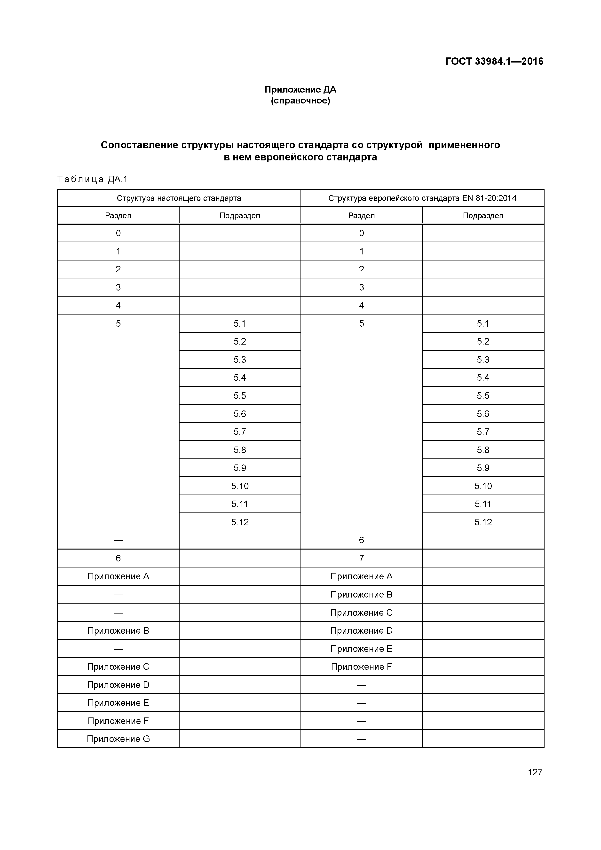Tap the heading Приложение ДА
pyautogui.click(x=300, y=90)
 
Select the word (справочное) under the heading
pyautogui.click(x=300, y=101)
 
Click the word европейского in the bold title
pyautogui.click(x=287, y=157)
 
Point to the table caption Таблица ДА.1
pyautogui.click(x=93, y=180)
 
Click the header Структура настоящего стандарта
pyautogui.click(x=179, y=198)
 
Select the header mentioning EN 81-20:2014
pyautogui.click(x=422, y=198)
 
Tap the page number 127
pyautogui.click(x=535, y=772)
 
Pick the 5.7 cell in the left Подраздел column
pyautogui.click(x=240, y=432)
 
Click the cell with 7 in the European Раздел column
pyautogui.click(x=361, y=558)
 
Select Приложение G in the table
pyautogui.click(x=118, y=739)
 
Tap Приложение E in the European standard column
pyautogui.click(x=361, y=649)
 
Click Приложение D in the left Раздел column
pyautogui.click(x=118, y=685)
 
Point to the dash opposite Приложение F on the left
pyautogui.click(x=361, y=721)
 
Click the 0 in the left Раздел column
pyautogui.click(x=118, y=233)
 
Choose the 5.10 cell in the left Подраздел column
pyautogui.click(x=240, y=486)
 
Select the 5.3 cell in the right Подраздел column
pyautogui.click(x=483, y=360)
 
